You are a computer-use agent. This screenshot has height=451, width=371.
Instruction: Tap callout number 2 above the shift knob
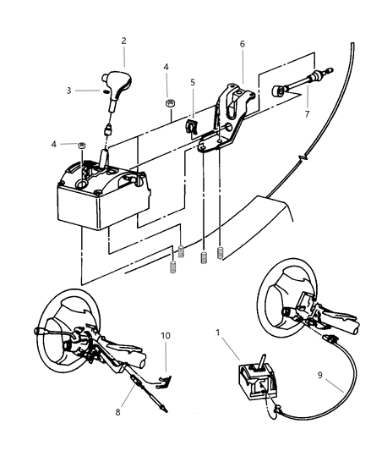(123, 40)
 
